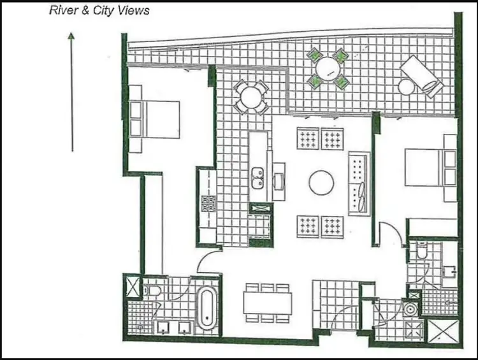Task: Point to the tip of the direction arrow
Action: [x=72, y=34]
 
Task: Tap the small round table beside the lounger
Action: [x=407, y=87]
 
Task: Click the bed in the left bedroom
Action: [x=155, y=119]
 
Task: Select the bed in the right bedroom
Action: [x=431, y=168]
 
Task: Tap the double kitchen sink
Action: [x=258, y=179]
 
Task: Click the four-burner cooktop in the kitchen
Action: [x=208, y=203]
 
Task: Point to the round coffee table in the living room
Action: [x=322, y=183]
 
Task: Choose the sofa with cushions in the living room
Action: [x=358, y=184]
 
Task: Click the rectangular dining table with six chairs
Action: [x=268, y=303]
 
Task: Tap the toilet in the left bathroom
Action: [x=150, y=292]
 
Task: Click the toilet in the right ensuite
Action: [x=420, y=254]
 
